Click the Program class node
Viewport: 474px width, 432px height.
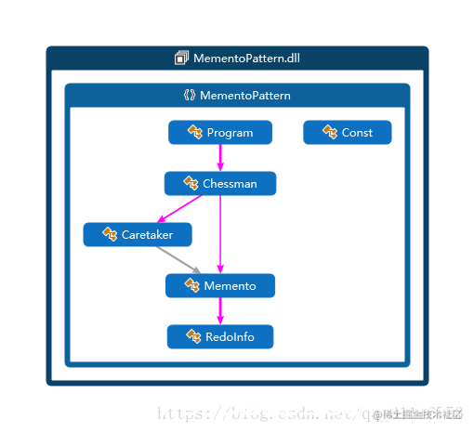[x=220, y=133]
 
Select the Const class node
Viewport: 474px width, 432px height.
[x=348, y=133]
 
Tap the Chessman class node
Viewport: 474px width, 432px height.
[x=220, y=184]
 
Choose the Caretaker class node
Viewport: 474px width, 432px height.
[x=138, y=235]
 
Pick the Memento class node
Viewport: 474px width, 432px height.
[x=220, y=286]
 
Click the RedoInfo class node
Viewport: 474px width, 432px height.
[x=220, y=336]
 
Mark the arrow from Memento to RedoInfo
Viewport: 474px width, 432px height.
[x=220, y=311]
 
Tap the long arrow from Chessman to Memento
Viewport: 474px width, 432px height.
[x=220, y=237]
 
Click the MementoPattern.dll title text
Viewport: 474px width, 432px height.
[x=246, y=59]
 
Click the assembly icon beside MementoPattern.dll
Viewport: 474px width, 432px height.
[x=181, y=59]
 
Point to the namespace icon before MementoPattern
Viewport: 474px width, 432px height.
[x=190, y=96]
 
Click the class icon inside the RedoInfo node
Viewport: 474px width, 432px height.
[x=194, y=336]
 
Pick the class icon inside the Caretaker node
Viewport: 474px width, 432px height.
[x=110, y=235]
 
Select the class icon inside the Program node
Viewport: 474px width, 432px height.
[x=195, y=133]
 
